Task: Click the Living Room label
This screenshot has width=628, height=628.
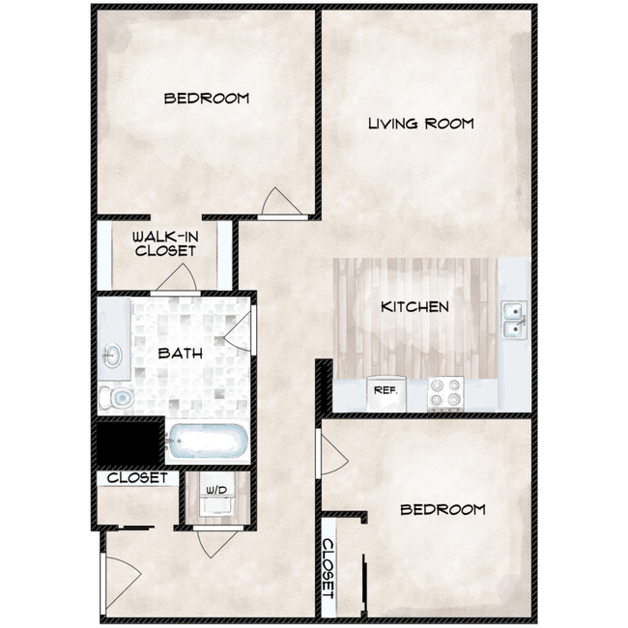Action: coord(421,124)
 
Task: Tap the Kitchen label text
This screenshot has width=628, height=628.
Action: coord(414,307)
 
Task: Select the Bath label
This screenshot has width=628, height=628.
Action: coord(181,354)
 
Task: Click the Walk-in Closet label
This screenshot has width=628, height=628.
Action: coord(165,243)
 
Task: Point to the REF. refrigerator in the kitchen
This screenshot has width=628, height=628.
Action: coord(386,393)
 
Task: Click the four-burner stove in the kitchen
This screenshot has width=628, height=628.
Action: coord(445,393)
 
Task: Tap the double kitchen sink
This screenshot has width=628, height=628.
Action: coord(514,321)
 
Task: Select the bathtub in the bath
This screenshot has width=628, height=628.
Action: coord(207,441)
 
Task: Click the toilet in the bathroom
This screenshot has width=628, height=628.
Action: coord(116,398)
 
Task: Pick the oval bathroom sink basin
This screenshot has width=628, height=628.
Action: coord(112,355)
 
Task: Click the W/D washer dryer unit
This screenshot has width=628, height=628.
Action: coord(217,500)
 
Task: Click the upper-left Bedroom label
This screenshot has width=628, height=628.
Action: coord(207,99)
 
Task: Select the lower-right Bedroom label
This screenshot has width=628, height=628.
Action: coord(442,509)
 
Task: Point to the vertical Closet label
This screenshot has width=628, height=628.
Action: coord(328,568)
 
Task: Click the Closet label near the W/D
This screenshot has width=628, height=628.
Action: coord(137,477)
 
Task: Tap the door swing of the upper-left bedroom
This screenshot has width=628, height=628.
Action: coord(281,202)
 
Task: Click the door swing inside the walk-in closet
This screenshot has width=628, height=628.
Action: coord(177,276)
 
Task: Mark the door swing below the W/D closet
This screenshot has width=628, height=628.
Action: coord(216,545)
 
